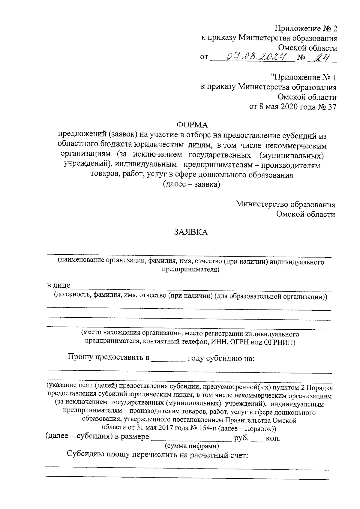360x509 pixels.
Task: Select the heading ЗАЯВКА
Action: [191, 232]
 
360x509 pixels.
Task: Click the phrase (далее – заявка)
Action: [191, 184]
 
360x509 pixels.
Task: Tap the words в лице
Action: [58, 285]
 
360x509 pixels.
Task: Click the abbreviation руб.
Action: [241, 438]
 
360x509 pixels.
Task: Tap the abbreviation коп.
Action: [273, 438]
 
